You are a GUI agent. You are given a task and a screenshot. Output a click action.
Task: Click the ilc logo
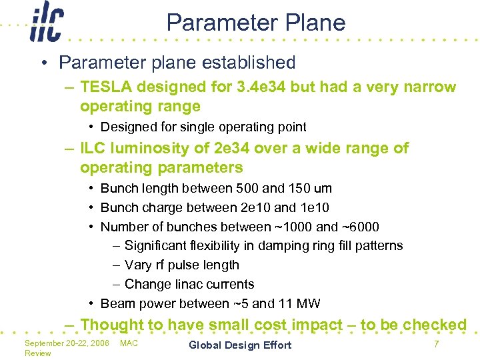[x=45, y=24]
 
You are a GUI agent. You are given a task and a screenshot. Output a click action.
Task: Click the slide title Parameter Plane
[x=256, y=23]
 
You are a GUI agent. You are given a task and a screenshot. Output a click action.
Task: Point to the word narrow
[x=431, y=87]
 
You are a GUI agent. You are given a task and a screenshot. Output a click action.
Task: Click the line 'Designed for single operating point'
[x=203, y=127]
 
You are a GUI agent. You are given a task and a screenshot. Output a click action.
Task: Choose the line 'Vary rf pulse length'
[x=181, y=265]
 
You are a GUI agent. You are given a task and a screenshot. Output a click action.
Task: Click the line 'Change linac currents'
[x=189, y=284]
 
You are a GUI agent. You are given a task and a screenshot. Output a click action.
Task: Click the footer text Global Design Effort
[x=240, y=345]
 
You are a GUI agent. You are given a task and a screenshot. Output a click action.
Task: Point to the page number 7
[x=436, y=344]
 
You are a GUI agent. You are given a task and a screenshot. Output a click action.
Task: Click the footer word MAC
[x=129, y=343]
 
